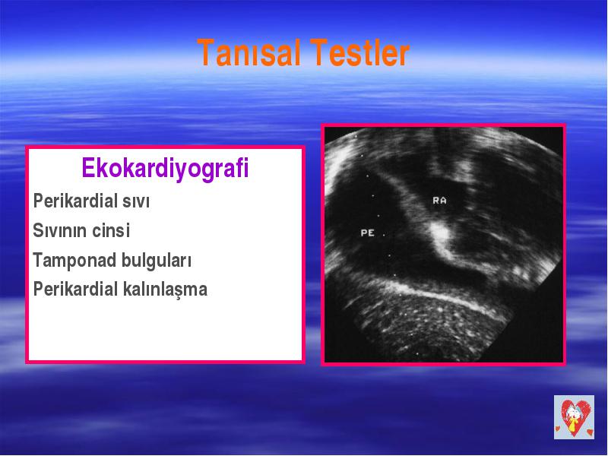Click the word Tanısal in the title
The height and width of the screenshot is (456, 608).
(249, 52)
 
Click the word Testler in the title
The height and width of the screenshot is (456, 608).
(359, 52)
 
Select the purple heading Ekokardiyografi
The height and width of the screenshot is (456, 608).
(165, 169)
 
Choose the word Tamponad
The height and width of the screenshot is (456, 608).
(74, 260)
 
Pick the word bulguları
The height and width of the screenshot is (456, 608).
(157, 260)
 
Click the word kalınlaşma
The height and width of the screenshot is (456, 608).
(165, 290)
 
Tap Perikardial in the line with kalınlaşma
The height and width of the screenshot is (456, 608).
(75, 289)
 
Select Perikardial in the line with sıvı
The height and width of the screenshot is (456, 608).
(75, 201)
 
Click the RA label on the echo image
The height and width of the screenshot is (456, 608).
(440, 201)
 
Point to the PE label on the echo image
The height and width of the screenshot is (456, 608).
(368, 233)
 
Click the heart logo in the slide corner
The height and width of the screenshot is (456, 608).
(574, 417)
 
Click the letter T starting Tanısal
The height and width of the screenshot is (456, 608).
(206, 52)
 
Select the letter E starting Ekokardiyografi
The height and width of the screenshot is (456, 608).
(88, 168)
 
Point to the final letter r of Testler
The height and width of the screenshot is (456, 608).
(404, 55)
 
